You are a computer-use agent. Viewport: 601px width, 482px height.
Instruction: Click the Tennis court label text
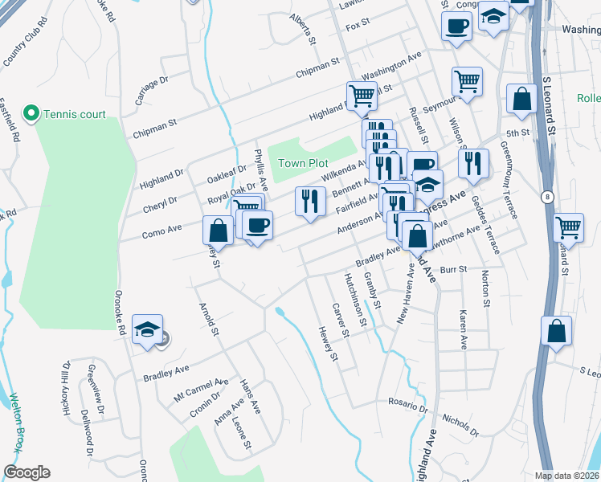[x=75, y=114]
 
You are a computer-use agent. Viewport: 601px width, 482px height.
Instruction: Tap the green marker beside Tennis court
[x=32, y=113]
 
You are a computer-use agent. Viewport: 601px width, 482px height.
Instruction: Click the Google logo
[x=27, y=472]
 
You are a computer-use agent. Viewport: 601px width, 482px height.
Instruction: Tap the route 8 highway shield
[x=548, y=196]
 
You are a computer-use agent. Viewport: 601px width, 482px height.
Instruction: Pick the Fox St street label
[x=357, y=27]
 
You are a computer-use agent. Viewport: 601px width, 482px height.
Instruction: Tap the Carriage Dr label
[x=150, y=90]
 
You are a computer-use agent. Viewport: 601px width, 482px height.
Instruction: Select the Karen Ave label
[x=464, y=329]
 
